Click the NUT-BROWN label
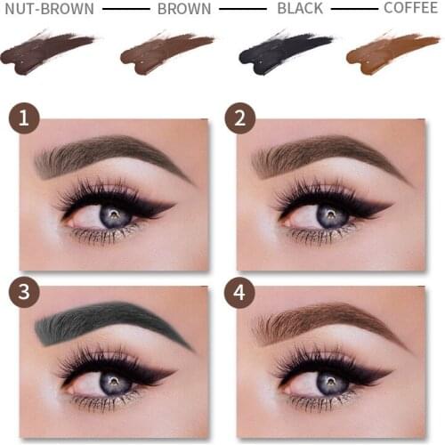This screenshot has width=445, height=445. click(x=50, y=10)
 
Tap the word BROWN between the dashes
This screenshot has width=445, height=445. click(x=184, y=10)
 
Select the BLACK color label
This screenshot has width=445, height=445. click(x=299, y=10)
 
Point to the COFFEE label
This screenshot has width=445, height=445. click(x=410, y=10)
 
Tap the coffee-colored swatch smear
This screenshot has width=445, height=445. click(x=391, y=53)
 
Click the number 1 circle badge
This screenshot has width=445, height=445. click(x=23, y=118)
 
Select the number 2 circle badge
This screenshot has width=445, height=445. click(x=240, y=118)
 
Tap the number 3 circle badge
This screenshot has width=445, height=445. click(x=23, y=293)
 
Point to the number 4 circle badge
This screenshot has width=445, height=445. click(x=240, y=293)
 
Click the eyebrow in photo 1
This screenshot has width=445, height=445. click(x=107, y=153)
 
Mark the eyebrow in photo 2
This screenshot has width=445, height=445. click(x=325, y=153)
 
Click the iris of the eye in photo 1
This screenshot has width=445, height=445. click(x=116, y=214)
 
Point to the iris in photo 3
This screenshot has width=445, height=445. click(x=115, y=381)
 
